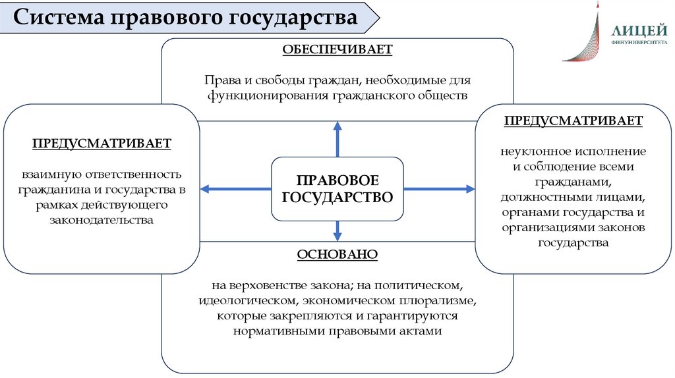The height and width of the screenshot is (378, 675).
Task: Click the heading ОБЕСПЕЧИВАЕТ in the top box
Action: click(x=337, y=50)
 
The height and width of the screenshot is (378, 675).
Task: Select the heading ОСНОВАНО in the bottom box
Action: click(x=337, y=255)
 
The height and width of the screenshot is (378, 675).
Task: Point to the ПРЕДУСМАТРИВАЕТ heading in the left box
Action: click(x=102, y=143)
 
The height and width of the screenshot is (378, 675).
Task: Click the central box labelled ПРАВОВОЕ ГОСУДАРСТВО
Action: click(x=337, y=188)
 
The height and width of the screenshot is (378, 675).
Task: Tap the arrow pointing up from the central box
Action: click(x=337, y=138)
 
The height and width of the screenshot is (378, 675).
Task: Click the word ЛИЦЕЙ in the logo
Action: click(x=634, y=30)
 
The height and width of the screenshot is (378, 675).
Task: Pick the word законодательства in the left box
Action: click(x=102, y=221)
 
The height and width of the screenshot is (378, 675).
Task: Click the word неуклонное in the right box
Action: click(x=530, y=151)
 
